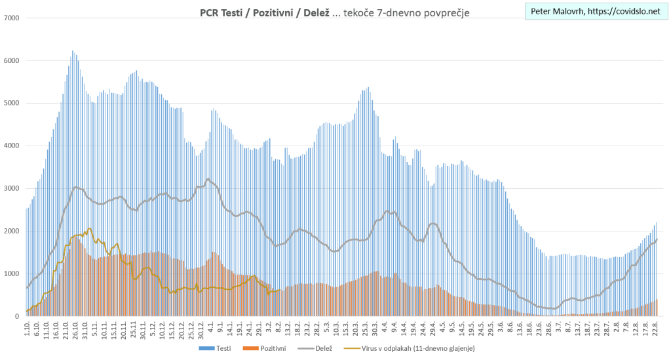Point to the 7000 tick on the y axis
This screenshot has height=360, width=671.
pyautogui.click(x=11, y=18)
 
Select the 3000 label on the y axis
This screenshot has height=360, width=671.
pyautogui.click(x=11, y=188)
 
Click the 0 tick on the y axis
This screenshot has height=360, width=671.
pyautogui.click(x=17, y=317)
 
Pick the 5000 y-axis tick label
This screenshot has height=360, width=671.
pyautogui.click(x=11, y=103)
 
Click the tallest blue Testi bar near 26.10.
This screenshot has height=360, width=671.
pyautogui.click(x=73, y=51)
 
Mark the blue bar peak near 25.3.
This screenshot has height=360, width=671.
pyautogui.click(x=368, y=88)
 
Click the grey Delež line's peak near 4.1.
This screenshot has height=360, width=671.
pyautogui.click(x=208, y=178)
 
